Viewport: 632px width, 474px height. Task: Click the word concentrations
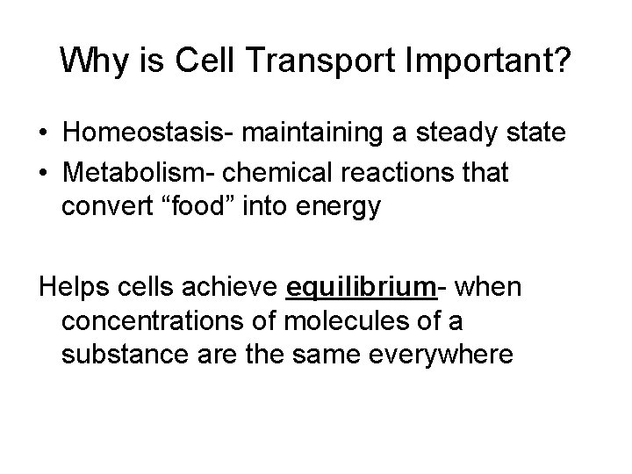(150, 322)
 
